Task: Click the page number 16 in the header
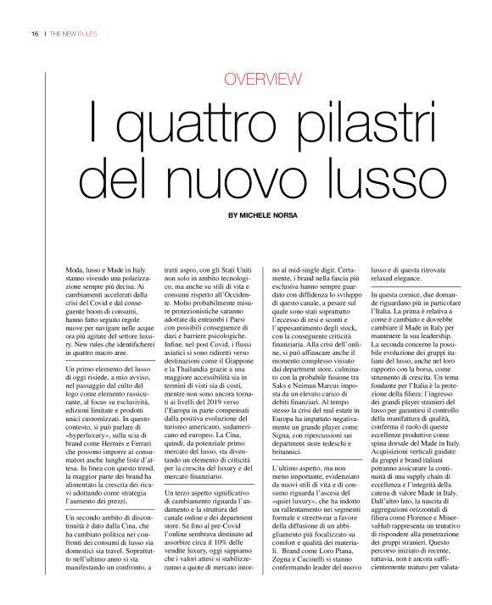click(x=35, y=34)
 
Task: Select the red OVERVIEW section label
click(x=263, y=80)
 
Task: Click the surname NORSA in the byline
click(x=280, y=215)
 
